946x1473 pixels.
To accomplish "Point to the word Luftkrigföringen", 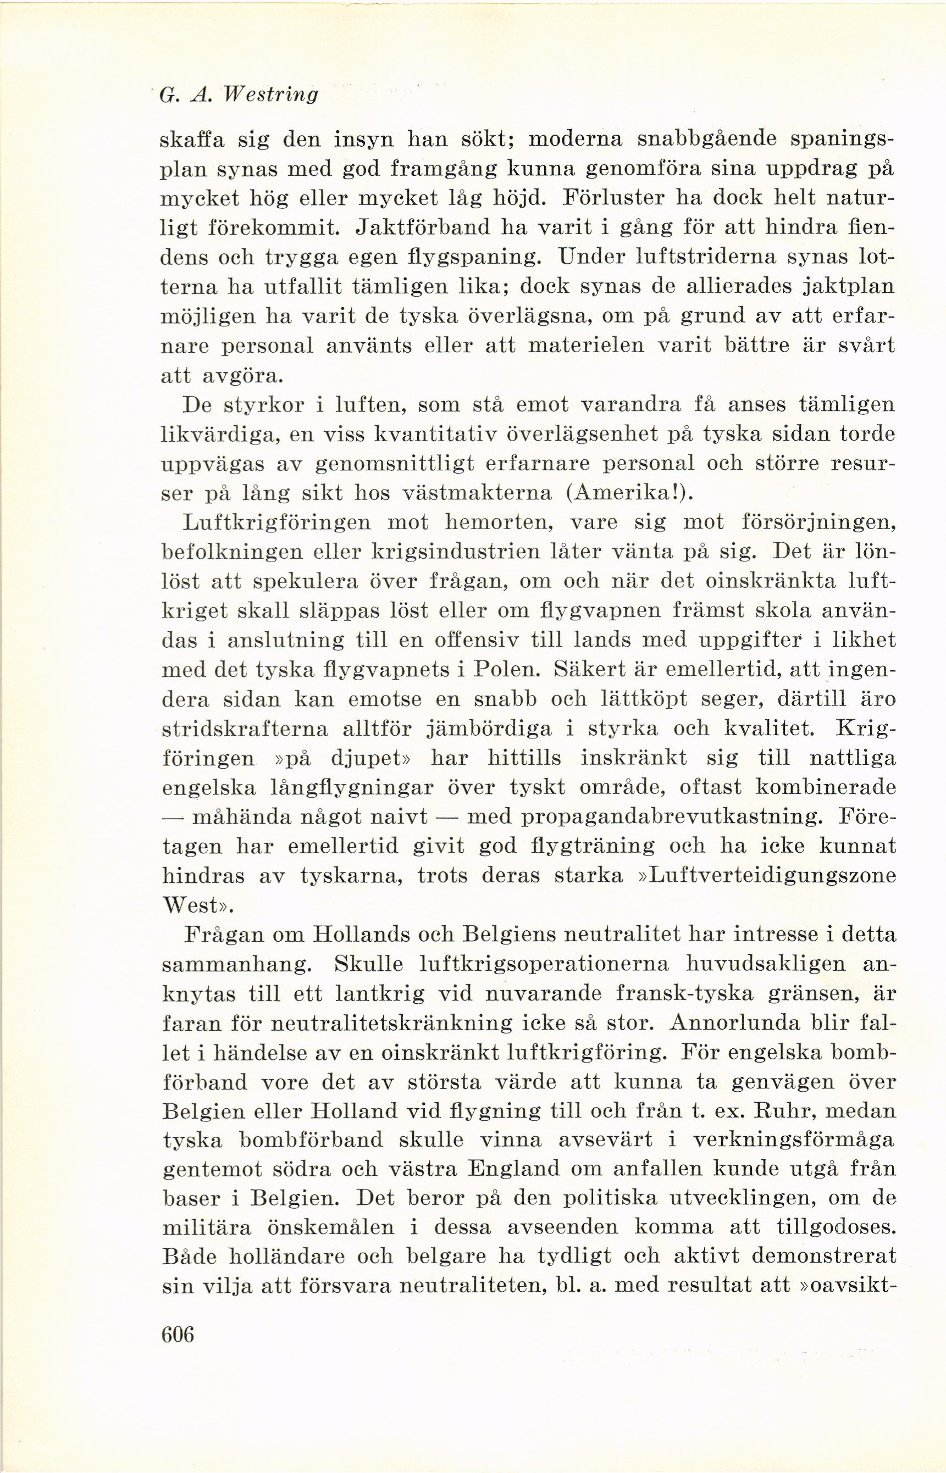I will tap(277, 523).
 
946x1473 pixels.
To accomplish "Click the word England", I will tap(513, 1169).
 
